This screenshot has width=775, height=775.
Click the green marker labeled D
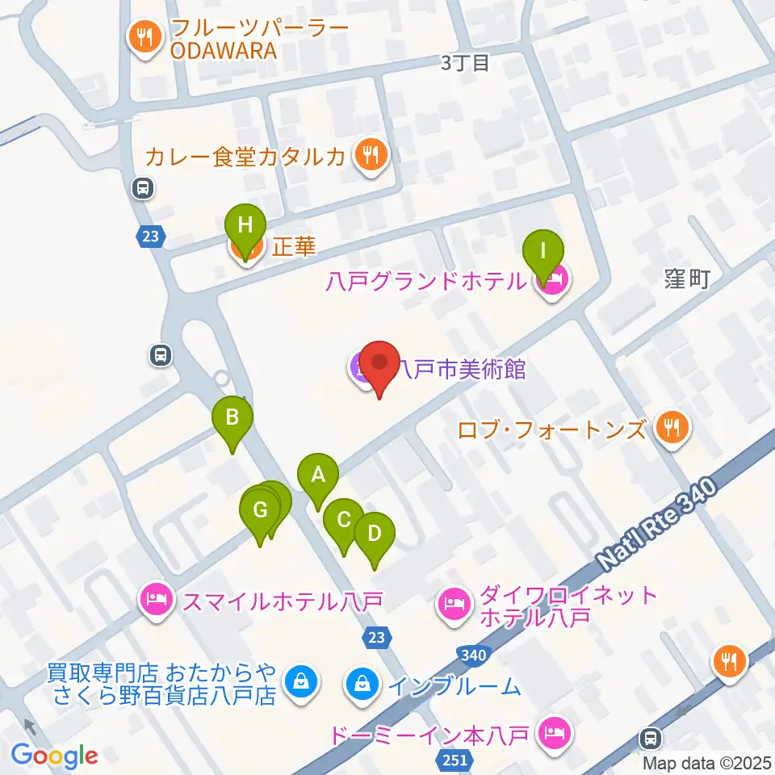[x=374, y=534]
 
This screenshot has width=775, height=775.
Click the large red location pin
[x=379, y=365]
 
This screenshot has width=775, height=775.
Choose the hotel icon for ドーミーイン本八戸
[x=555, y=734]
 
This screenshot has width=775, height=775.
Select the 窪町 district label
[x=688, y=279]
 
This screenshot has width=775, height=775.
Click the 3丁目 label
[x=466, y=63]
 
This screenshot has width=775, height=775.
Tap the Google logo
[x=55, y=756]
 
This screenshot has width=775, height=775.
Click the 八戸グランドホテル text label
[x=425, y=281]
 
